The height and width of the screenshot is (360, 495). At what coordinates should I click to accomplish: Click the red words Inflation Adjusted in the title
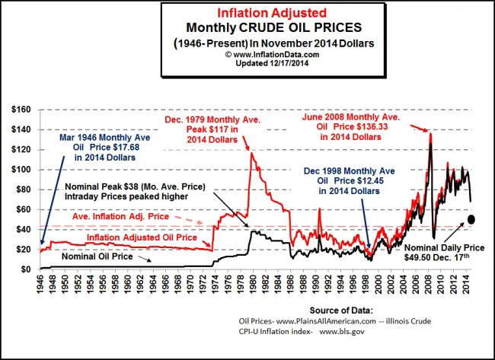(263, 13)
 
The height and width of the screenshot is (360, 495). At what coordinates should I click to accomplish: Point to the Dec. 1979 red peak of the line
(251, 153)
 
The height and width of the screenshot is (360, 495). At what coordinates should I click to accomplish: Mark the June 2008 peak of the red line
(430, 134)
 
